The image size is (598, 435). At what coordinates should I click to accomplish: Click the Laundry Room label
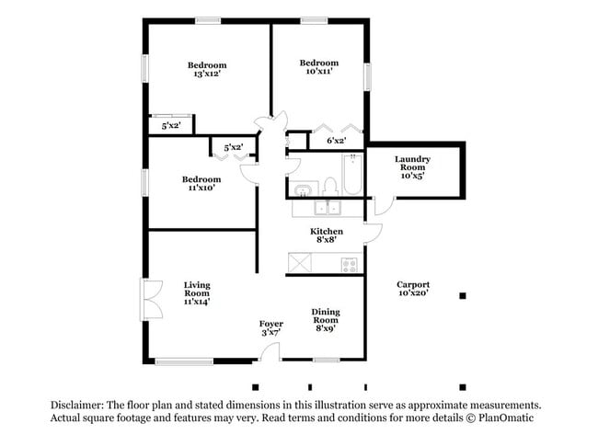point(413,165)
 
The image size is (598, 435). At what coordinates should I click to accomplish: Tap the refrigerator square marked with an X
point(300,263)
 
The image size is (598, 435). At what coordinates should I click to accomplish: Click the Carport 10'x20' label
point(413,289)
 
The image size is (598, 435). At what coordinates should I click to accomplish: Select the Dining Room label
point(326,317)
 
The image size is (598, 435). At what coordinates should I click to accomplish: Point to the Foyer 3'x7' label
point(270,328)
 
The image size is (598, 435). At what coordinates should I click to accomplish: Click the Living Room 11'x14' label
point(197,292)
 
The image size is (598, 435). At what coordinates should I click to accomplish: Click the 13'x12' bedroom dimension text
point(207,74)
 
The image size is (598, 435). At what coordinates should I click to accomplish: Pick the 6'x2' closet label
point(337,141)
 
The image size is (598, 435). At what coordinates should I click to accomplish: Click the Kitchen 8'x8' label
point(327,235)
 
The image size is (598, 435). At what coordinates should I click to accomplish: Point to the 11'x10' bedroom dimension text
point(201,188)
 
